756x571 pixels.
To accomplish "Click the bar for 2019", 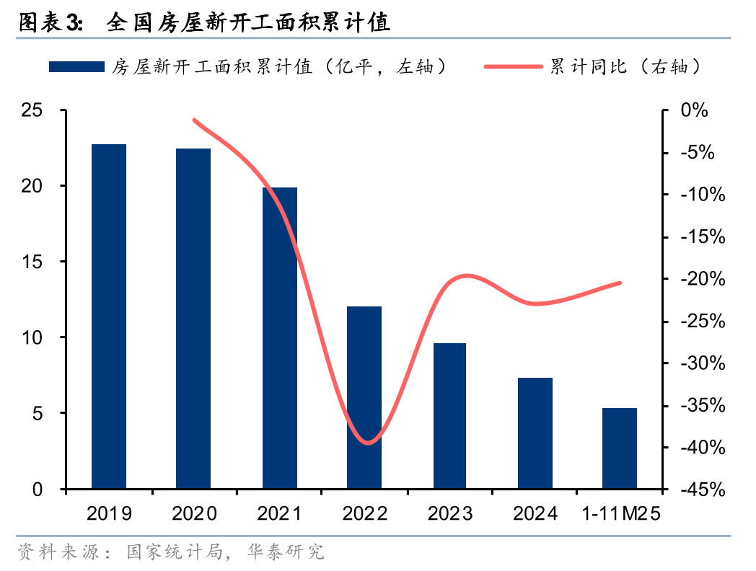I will (109, 317).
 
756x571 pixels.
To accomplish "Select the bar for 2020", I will (193, 319).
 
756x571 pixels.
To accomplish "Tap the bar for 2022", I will (364, 398).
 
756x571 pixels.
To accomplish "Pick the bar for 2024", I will (535, 433).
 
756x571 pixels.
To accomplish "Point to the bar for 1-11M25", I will (620, 448).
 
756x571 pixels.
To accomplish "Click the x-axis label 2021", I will (279, 513).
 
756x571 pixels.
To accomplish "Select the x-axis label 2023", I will (450, 513).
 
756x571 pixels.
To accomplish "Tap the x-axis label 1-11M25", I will (620, 513).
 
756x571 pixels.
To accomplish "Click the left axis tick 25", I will (32, 110).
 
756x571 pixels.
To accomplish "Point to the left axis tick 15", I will (32, 262).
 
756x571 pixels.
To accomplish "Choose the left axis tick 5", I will (38, 414).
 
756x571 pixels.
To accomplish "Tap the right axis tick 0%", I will (695, 110).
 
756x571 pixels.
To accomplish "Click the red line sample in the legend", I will (513, 67).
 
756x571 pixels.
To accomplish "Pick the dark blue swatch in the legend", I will (76, 67).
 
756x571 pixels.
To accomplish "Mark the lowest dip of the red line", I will (368, 443).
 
